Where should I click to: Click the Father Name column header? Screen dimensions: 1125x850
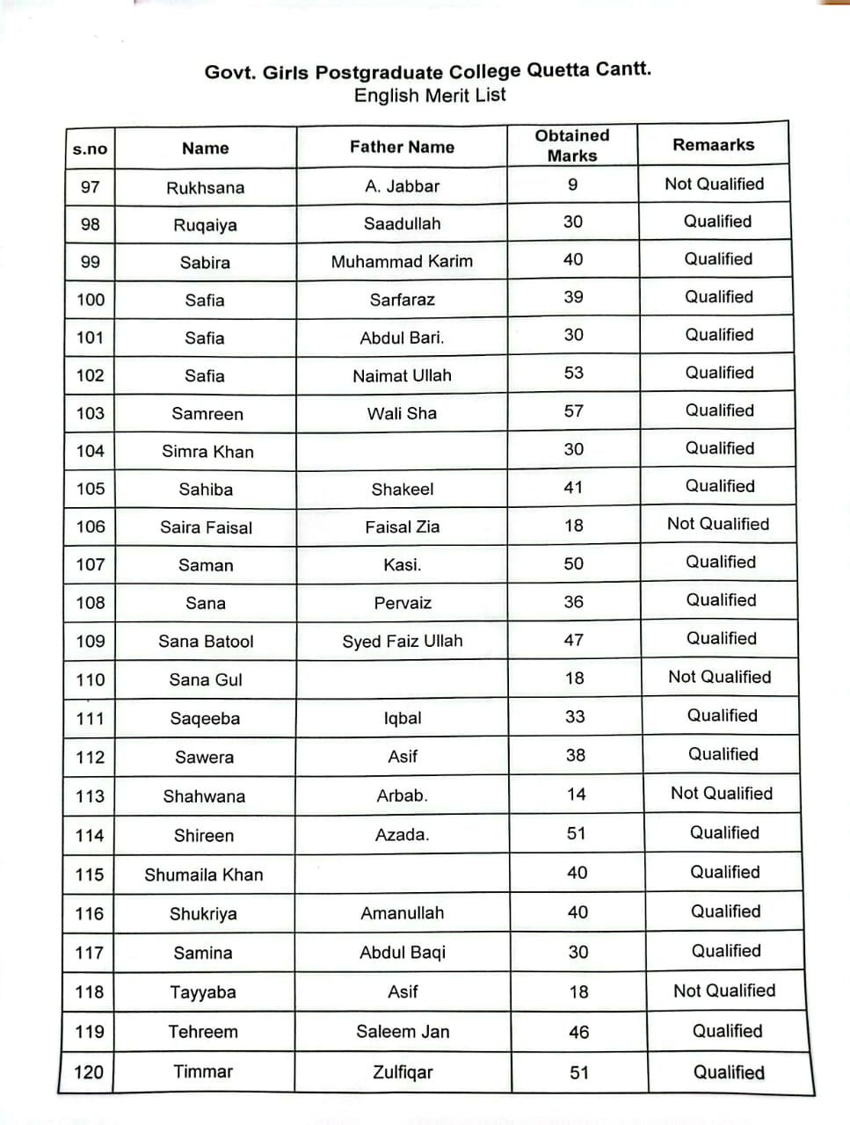402,147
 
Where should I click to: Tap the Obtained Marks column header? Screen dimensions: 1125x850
572,145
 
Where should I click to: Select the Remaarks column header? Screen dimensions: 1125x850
713,145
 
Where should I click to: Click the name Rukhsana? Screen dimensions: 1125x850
206,187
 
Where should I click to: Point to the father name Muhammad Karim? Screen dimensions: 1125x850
402,261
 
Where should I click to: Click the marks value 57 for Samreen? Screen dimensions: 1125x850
573,410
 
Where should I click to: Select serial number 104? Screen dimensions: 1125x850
90,451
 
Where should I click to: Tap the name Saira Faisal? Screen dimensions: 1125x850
206,527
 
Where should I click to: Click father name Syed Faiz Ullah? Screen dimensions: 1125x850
402,641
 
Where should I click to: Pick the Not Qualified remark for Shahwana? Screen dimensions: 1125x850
721,793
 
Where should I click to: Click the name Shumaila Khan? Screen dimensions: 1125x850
204,875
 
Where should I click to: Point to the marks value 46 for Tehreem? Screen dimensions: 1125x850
578,1032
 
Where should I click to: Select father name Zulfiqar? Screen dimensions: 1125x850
402,1072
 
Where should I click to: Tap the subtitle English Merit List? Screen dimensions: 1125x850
430,95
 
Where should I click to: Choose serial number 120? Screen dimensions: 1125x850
89,1072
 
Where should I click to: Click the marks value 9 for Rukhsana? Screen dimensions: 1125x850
572,185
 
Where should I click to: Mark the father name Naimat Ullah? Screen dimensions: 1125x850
402,375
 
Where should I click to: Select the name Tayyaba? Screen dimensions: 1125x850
203,992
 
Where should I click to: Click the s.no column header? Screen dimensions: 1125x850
90,149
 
